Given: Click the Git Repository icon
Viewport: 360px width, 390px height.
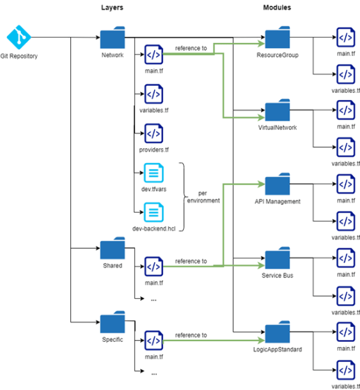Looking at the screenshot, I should [x=18, y=37].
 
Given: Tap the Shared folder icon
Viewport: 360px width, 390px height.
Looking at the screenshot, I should [x=112, y=250].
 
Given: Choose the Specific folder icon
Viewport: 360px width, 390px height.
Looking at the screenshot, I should [x=112, y=323].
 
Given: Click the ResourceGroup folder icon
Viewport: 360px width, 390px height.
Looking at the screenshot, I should [x=277, y=38].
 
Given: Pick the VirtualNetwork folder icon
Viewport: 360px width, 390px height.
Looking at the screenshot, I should [x=277, y=110].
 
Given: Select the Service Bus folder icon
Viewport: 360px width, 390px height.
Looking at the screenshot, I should [x=277, y=257].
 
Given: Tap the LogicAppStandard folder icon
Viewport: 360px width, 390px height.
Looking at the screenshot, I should [x=277, y=331].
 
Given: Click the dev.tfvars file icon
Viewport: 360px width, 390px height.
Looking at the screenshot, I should [x=153, y=173].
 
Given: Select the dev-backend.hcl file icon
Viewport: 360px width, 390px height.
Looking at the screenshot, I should [x=153, y=212].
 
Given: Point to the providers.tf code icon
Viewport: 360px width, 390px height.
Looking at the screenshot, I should [x=153, y=134].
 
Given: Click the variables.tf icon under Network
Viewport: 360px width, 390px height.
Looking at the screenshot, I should [x=153, y=95].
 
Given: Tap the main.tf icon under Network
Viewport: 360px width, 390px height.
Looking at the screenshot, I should [x=153, y=55].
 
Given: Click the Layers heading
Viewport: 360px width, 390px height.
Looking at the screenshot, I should [x=112, y=8].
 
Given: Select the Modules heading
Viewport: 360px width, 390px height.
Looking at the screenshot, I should [x=277, y=8].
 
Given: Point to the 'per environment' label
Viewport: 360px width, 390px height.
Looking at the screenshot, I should [x=203, y=197].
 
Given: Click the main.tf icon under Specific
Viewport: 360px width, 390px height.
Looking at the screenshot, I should [x=153, y=340].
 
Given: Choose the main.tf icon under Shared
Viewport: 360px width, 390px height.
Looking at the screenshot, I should [x=153, y=266].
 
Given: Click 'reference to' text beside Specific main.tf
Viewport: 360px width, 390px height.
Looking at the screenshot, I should [x=191, y=335].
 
